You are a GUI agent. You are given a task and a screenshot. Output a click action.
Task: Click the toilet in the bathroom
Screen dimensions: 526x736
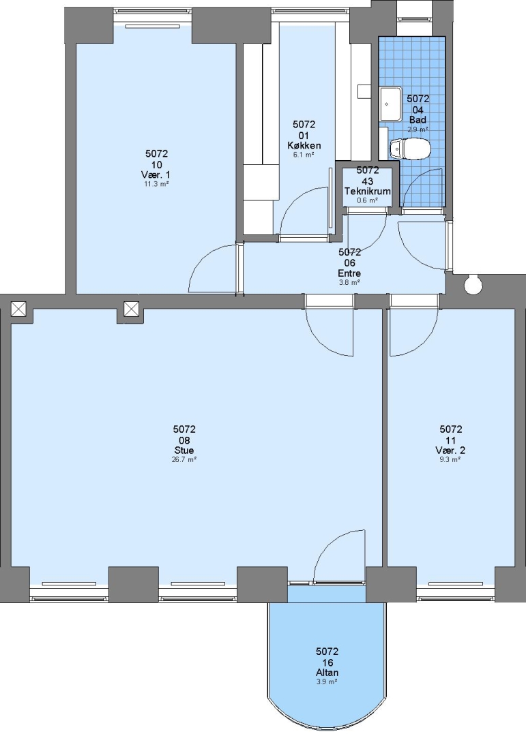(410, 149)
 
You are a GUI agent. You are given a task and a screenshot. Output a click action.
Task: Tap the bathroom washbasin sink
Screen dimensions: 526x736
(390, 104)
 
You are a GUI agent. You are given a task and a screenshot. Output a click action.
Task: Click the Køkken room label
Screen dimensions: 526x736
(304, 145)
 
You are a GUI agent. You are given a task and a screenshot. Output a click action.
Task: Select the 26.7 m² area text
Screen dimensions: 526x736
(184, 459)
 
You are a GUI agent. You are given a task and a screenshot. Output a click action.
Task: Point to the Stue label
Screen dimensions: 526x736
(184, 450)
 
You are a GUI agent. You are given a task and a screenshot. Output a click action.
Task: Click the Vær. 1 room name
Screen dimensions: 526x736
(156, 174)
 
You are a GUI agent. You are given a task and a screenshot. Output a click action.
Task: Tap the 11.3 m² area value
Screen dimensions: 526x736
(156, 184)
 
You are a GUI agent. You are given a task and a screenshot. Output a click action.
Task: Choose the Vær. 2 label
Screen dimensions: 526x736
(450, 450)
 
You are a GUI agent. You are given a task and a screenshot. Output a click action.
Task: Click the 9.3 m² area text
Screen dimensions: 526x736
(450, 459)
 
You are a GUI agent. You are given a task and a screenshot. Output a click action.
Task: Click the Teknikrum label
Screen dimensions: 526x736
(368, 191)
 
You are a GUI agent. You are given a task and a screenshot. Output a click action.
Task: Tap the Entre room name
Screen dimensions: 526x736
(349, 273)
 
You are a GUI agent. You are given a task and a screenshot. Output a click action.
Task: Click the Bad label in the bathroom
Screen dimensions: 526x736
(418, 120)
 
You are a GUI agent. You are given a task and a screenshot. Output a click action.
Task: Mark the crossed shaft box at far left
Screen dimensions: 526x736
(18, 309)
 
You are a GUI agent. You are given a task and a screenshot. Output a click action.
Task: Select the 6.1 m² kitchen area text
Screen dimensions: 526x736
(304, 155)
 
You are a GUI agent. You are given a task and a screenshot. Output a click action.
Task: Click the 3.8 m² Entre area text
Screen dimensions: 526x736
(349, 283)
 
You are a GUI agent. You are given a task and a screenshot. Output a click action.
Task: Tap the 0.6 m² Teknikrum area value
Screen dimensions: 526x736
(368, 200)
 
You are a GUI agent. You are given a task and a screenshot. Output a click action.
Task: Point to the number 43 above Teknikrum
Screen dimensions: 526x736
(368, 181)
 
